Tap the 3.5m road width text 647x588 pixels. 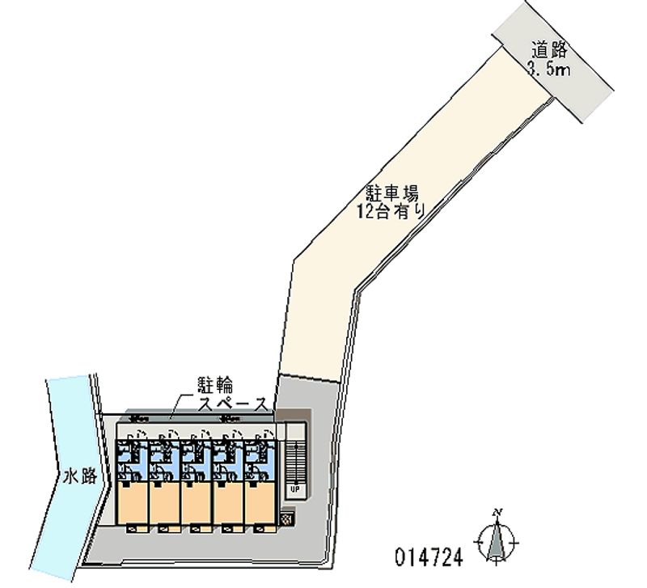click(x=549, y=70)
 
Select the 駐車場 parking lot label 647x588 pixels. click(x=391, y=193)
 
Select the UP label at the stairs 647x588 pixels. click(x=295, y=489)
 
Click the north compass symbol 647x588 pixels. click(x=498, y=541)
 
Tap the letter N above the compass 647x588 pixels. click(x=499, y=512)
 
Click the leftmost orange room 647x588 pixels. click(x=133, y=502)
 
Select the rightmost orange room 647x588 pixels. click(x=260, y=502)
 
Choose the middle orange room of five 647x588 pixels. click(x=197, y=502)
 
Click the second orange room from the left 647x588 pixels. click(x=164, y=502)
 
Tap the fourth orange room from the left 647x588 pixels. click(x=229, y=502)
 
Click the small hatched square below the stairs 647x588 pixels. click(x=288, y=517)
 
